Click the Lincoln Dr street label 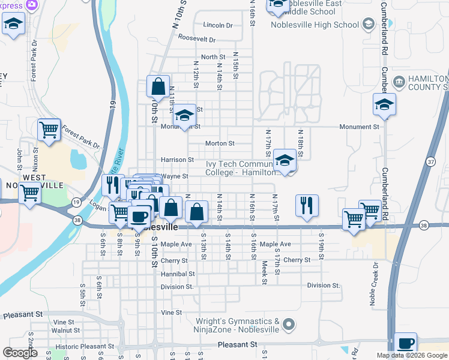(x=217, y=25)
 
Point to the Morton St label (x=219, y=143)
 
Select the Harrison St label (x=177, y=160)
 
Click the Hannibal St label (x=178, y=274)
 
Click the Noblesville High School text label (x=315, y=25)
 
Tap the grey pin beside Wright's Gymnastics (x=289, y=325)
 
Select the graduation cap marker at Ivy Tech (x=285, y=161)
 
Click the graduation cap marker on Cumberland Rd (x=384, y=105)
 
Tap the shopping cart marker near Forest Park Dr (x=49, y=130)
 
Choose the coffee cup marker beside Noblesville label (x=139, y=215)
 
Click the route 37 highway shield (x=430, y=162)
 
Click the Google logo (x=20, y=353)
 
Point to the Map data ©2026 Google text (x=411, y=355)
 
